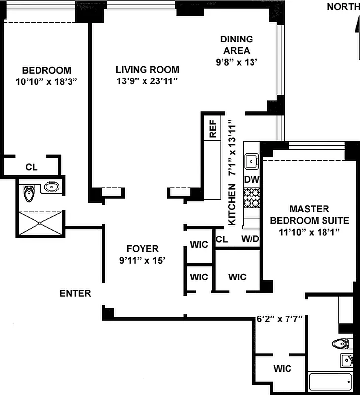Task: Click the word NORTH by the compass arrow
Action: [343, 7]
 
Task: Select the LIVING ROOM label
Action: [147, 70]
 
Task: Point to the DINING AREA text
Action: [237, 44]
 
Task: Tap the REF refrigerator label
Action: [213, 129]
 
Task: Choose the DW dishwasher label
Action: [252, 179]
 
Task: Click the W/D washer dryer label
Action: [250, 239]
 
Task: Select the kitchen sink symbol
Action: [252, 160]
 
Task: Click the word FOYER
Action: [142, 249]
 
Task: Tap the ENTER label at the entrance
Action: [75, 293]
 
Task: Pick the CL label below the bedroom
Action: [31, 167]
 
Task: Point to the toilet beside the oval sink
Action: [29, 193]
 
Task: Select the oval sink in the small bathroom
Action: [51, 187]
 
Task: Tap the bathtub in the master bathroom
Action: [330, 382]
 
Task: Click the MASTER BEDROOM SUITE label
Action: [309, 215]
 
